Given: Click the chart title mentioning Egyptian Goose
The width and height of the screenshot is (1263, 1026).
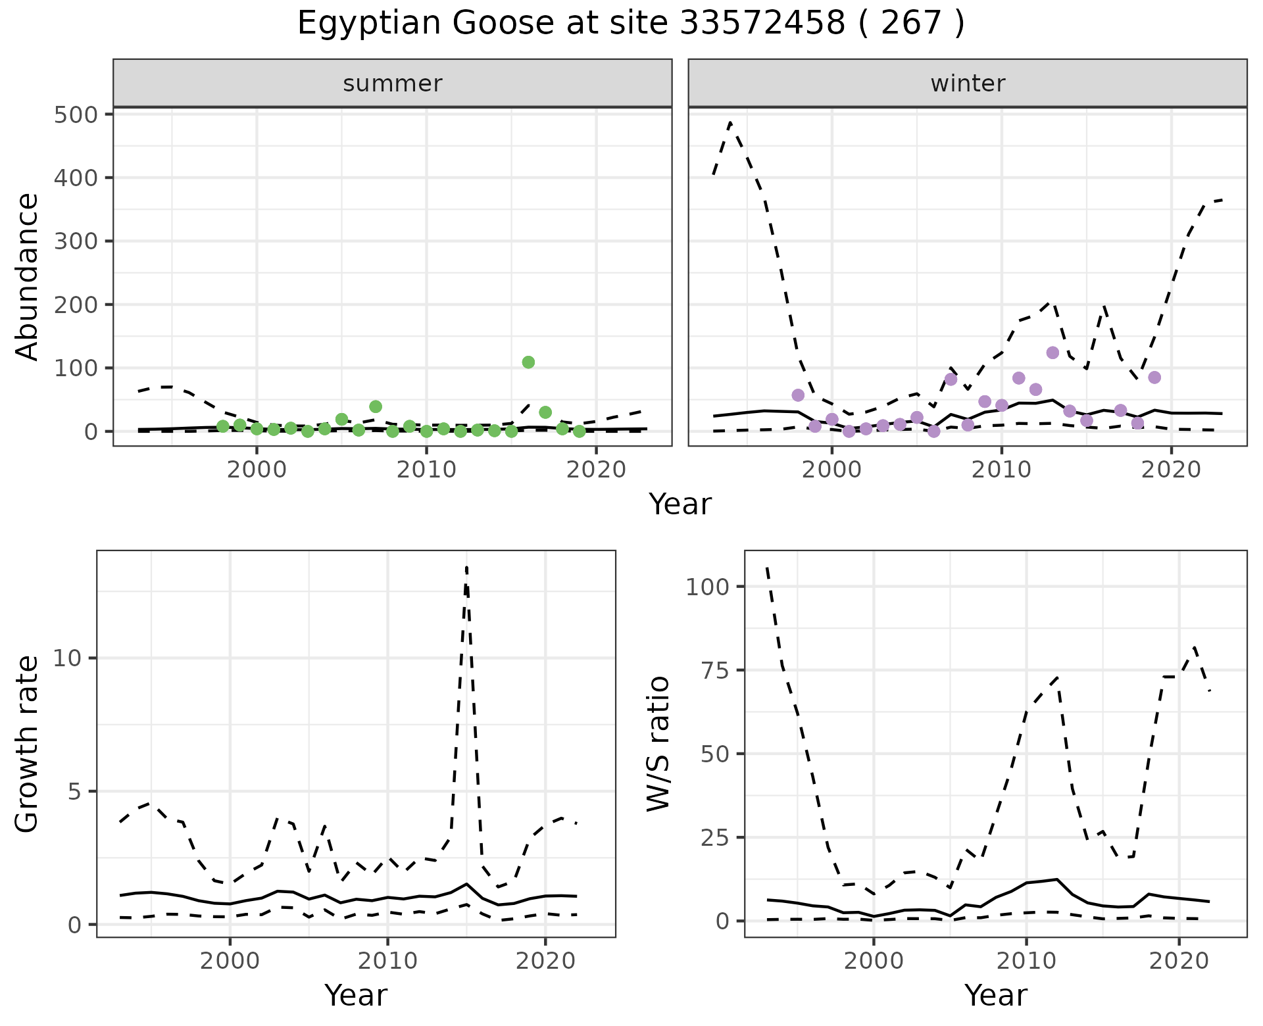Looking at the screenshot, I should point(630,24).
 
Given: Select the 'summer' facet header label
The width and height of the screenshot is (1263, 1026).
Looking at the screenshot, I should point(393,84).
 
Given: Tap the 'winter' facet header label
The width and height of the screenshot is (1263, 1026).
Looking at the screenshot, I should point(968,84).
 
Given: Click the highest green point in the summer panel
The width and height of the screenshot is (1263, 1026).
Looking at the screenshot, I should point(528,362).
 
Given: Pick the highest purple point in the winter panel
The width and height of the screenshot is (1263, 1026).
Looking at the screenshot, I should point(1052,353).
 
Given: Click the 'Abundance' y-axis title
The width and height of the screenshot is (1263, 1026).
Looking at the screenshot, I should point(27,277).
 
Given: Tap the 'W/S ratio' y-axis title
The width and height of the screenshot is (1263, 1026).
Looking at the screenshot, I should point(658,744).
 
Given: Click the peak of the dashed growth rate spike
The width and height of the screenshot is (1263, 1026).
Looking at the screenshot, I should point(466,567).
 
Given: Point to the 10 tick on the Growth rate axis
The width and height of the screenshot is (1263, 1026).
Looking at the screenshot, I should point(66,658).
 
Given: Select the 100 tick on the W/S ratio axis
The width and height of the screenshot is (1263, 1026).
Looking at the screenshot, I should point(707,587).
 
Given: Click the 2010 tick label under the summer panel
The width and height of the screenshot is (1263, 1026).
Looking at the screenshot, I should point(426,470).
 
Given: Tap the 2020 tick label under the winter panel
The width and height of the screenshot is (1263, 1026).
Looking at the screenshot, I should point(1171,470).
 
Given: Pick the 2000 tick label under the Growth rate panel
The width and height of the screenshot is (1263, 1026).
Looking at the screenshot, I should point(230,961).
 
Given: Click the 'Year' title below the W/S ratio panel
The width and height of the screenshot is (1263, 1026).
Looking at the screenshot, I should point(995,996).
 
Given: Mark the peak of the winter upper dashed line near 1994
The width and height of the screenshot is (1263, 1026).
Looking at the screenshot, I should point(731,122).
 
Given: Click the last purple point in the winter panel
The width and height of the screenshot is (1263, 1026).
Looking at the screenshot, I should point(1154,378).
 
